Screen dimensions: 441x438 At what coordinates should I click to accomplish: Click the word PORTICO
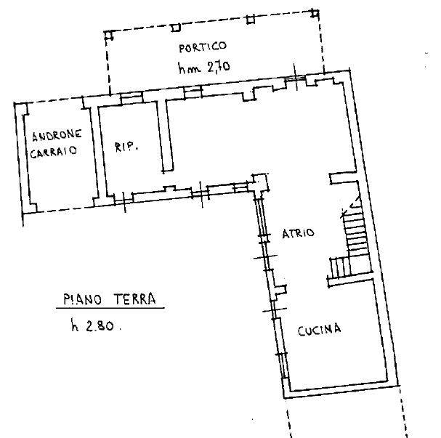pyautogui.click(x=203, y=47)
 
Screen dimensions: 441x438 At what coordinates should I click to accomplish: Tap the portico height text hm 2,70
pyautogui.click(x=204, y=68)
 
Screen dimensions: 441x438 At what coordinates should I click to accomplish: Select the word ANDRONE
pyautogui.click(x=57, y=136)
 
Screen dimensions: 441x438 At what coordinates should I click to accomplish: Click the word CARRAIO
pyautogui.click(x=54, y=152)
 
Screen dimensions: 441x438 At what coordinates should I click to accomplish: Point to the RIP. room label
pyautogui.click(x=126, y=147)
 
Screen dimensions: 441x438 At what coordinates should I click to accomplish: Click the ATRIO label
pyautogui.click(x=298, y=233)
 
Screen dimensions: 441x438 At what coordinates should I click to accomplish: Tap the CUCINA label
pyautogui.click(x=319, y=330)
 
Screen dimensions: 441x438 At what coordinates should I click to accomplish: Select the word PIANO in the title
pyautogui.click(x=82, y=299)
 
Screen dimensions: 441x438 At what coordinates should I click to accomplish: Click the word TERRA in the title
pyautogui.click(x=134, y=299)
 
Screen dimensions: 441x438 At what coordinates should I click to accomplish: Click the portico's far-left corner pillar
pyautogui.click(x=108, y=35)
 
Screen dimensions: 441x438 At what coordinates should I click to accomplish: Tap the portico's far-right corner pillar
pyautogui.click(x=315, y=13)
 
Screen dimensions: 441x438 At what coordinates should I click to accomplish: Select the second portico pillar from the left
pyautogui.click(x=176, y=28)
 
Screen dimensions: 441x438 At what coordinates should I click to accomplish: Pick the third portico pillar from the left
pyautogui.click(x=251, y=20)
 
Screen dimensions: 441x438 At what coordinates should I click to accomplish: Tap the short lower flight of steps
pyautogui.click(x=340, y=267)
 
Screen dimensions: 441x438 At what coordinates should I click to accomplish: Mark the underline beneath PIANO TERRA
pyautogui.click(x=110, y=309)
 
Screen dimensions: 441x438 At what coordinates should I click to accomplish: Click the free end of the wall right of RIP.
pyautogui.click(x=168, y=171)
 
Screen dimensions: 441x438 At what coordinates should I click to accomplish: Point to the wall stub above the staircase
pyautogui.click(x=344, y=179)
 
